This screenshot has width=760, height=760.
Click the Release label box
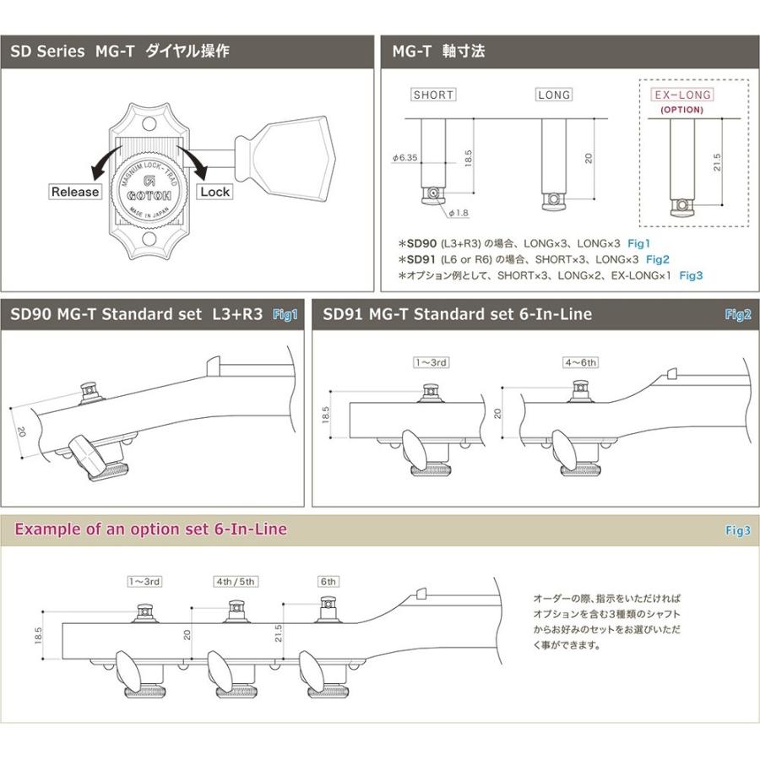[75, 192]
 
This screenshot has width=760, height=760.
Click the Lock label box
[215, 192]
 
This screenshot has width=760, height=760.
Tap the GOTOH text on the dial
[149, 193]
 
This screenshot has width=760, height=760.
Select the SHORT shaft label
[433, 95]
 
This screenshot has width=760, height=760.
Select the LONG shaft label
[554, 95]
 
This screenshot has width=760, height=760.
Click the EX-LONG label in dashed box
[682, 95]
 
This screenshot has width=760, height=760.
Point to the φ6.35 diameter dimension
[407, 157]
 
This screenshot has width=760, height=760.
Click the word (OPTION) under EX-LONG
[682, 110]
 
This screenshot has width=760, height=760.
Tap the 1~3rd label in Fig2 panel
[430, 363]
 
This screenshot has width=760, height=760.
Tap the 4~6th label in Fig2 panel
[580, 363]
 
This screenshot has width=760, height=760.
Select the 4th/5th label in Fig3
[236, 581]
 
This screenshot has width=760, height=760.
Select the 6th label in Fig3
[328, 581]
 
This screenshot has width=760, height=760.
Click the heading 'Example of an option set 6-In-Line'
[151, 529]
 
